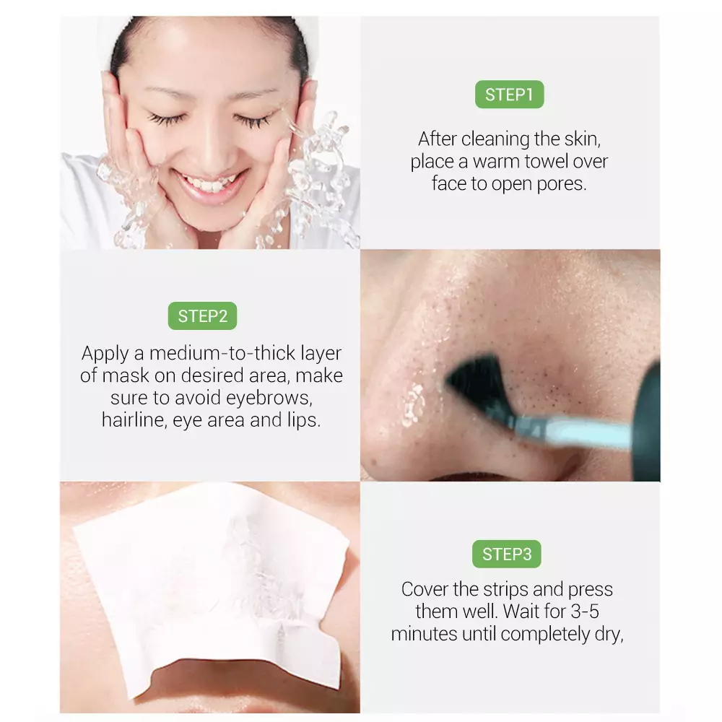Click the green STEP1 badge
509,95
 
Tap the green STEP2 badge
203,316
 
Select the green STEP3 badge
508,554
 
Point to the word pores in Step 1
561,183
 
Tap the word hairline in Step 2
135,421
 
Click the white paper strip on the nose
209,578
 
